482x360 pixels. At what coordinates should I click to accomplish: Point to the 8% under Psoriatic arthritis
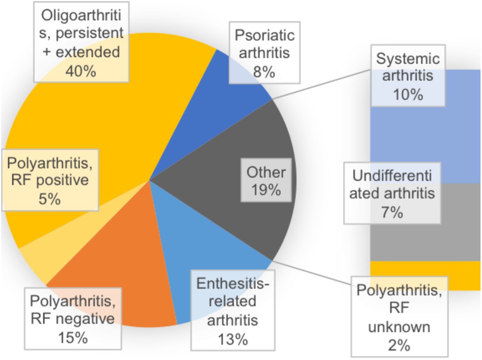(x=264, y=72)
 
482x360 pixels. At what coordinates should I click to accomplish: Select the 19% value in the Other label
(x=266, y=190)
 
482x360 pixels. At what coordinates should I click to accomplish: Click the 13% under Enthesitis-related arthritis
(x=233, y=339)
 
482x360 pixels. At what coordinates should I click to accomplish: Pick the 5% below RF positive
(x=50, y=199)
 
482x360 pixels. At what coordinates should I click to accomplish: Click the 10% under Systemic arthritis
(x=408, y=95)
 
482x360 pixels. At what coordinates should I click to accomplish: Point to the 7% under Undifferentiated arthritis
(x=392, y=213)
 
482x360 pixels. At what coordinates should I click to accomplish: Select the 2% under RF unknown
(x=399, y=346)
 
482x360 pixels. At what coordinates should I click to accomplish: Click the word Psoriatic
(x=265, y=35)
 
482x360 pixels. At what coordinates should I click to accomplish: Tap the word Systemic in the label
(x=408, y=59)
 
